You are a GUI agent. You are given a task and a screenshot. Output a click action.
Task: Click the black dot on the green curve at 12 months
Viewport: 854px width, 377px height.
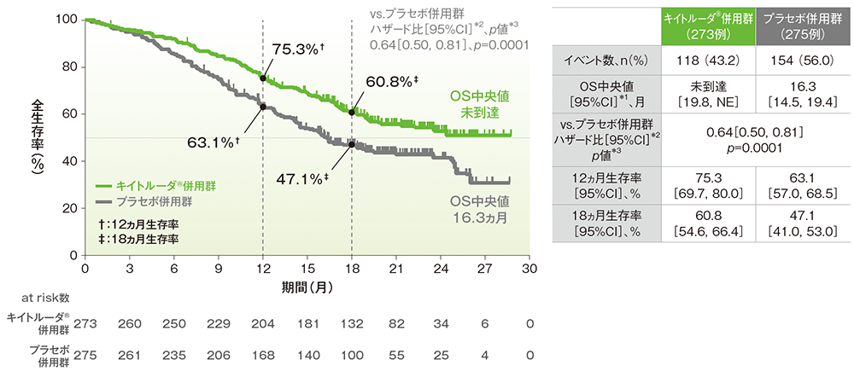click(x=262, y=78)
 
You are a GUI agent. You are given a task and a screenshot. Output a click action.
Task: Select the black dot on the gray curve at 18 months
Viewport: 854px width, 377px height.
click(x=352, y=144)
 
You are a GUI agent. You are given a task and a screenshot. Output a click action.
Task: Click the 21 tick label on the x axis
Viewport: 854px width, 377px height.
click(x=396, y=269)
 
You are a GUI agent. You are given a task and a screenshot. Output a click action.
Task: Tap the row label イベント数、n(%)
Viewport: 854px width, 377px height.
click(x=607, y=63)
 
